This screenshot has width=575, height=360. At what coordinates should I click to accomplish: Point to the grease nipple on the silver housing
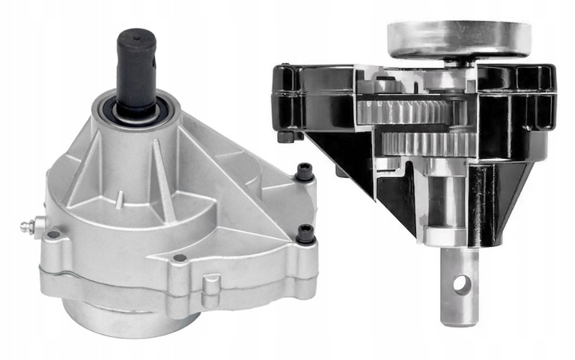point(27,227)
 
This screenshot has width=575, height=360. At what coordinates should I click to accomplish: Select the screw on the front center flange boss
point(180,258)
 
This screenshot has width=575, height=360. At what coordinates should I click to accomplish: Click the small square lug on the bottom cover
point(212,285)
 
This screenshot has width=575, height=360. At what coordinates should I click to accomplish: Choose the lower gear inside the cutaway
point(423,144)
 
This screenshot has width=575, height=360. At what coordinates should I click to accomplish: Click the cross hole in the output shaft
point(461,284)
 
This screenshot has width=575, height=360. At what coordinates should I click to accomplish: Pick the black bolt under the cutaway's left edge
point(285,136)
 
